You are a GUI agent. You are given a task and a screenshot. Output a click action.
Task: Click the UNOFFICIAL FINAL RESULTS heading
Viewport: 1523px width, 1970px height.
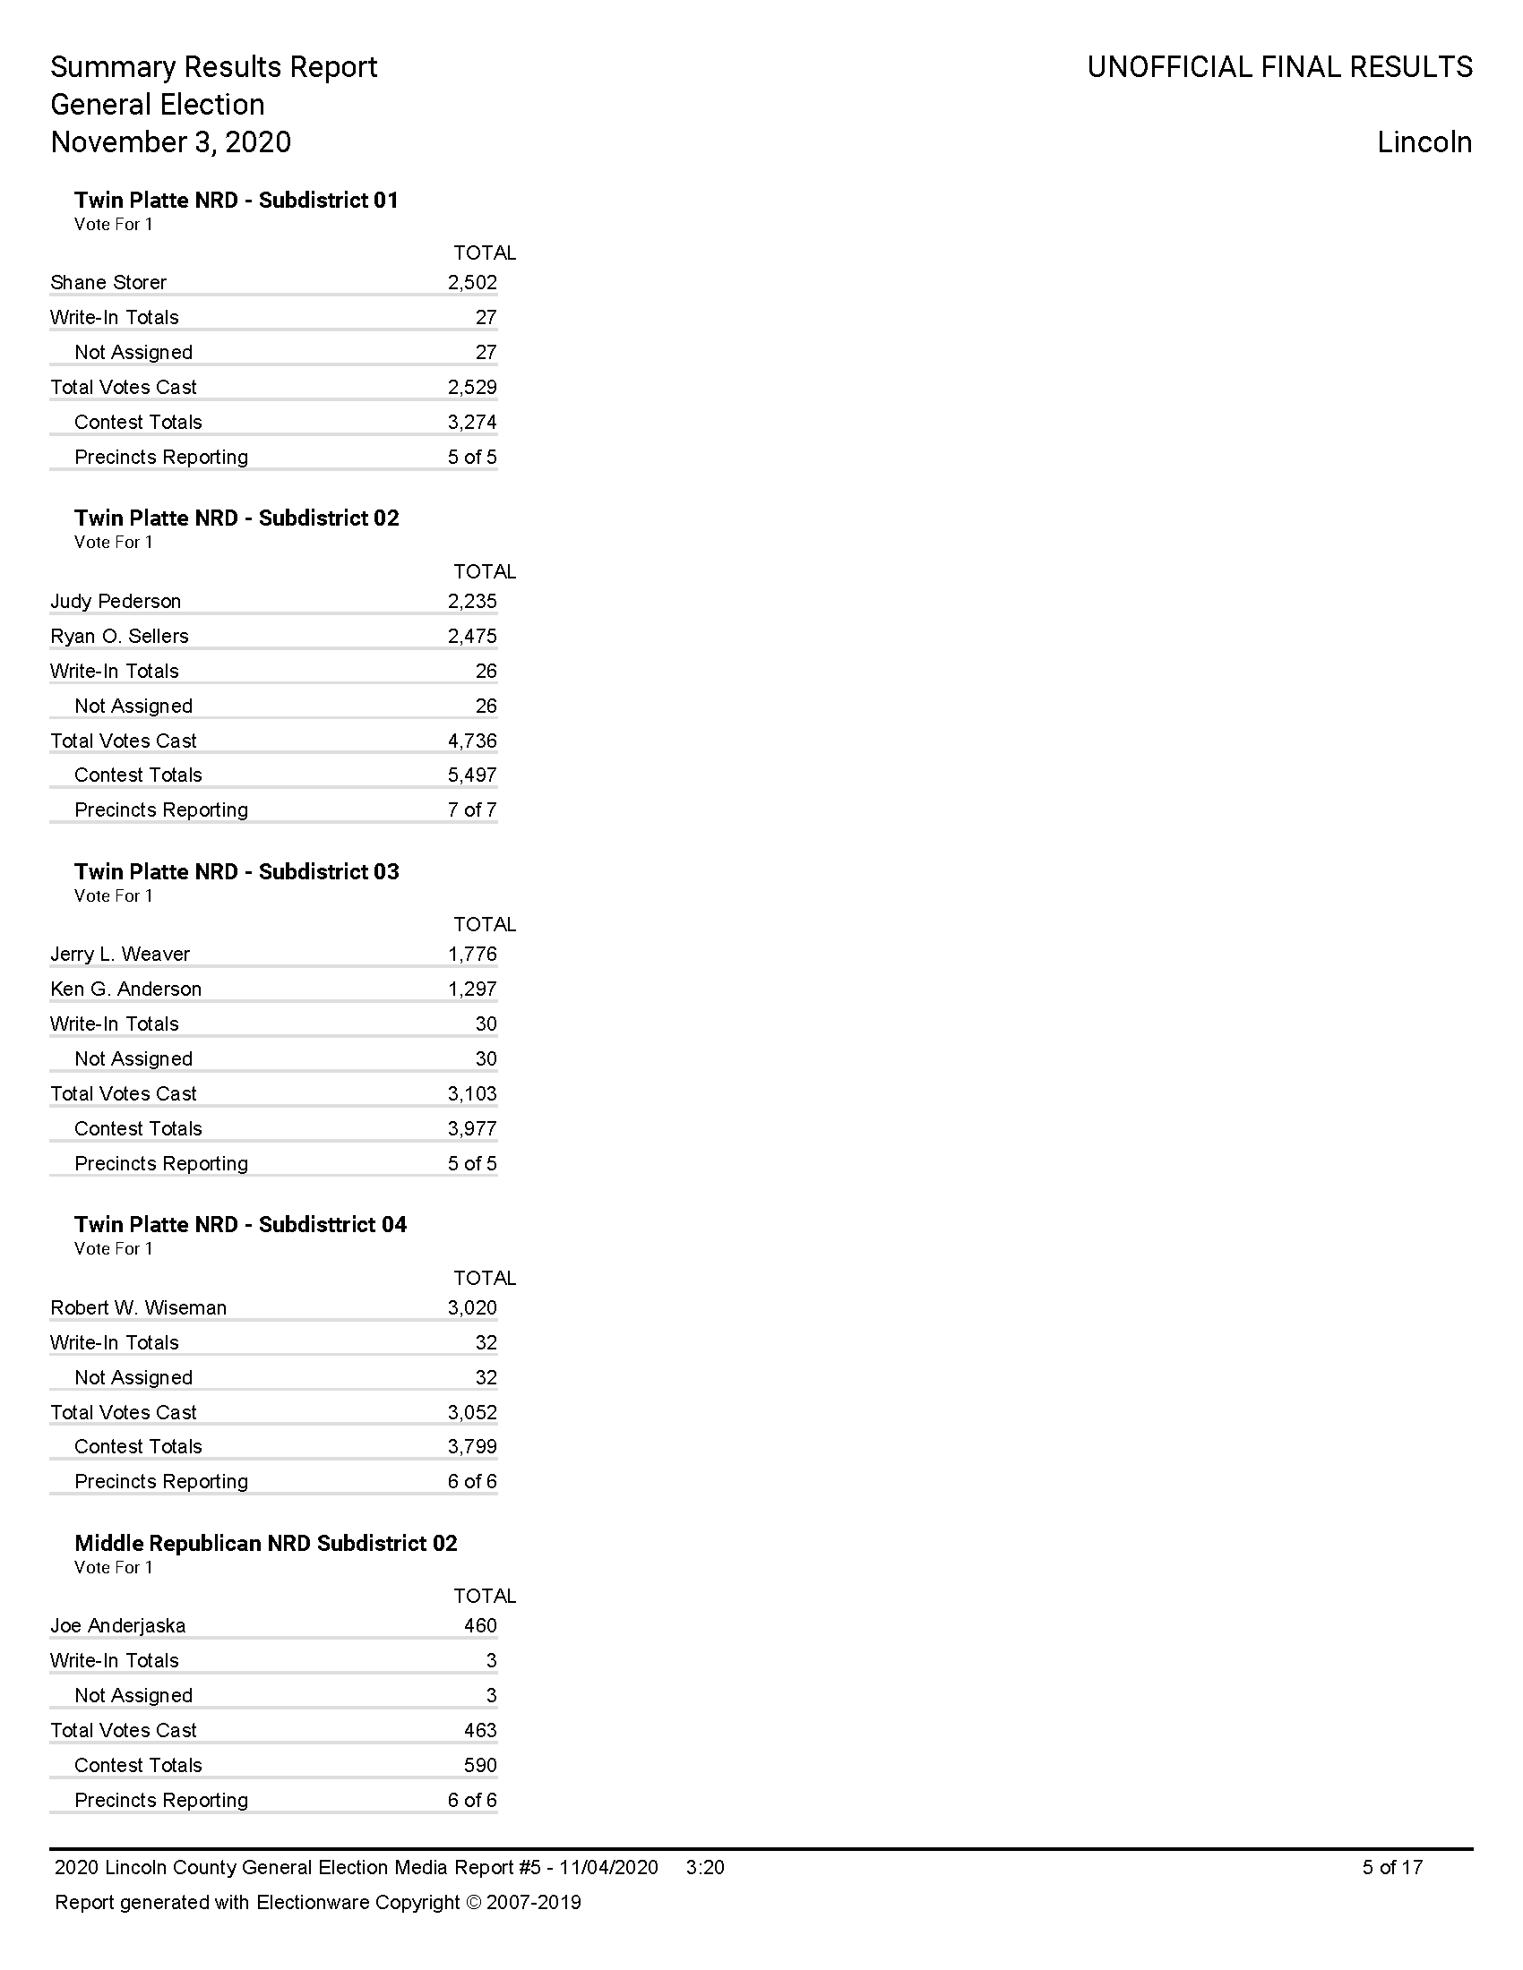coord(1279,67)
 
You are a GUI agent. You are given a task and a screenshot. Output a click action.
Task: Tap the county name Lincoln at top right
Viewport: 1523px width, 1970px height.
coord(1424,142)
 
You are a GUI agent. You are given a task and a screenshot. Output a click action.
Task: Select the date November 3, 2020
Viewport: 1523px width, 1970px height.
coord(170,142)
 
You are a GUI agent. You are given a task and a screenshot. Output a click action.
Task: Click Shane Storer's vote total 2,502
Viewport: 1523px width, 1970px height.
coord(472,282)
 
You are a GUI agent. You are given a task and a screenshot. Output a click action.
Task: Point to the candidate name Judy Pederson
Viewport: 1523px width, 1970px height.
coord(116,601)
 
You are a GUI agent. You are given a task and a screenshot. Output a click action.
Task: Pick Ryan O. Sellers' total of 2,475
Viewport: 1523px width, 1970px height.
coord(472,636)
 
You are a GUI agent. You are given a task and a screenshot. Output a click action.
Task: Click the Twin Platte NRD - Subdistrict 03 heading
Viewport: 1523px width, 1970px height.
coord(237,871)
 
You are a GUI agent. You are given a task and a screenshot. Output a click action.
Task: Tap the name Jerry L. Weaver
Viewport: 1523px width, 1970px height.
coord(120,954)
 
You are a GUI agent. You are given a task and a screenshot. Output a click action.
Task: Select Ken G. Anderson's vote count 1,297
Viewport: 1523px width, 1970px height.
coord(472,989)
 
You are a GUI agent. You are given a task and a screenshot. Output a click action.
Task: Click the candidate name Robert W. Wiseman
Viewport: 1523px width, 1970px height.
coord(138,1307)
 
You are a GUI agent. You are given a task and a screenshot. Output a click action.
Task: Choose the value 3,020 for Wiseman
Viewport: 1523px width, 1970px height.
coord(472,1307)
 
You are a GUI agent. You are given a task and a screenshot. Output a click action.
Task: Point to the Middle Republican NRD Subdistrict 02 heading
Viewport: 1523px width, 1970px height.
coord(265,1544)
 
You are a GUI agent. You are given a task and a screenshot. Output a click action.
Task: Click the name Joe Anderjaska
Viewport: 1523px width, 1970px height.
coord(118,1625)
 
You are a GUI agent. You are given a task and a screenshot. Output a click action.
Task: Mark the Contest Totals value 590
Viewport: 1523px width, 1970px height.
coord(480,1765)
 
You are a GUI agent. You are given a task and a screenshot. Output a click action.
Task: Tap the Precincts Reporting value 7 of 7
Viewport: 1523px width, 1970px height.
coord(472,810)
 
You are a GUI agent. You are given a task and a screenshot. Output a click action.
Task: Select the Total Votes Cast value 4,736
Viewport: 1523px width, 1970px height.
coord(472,741)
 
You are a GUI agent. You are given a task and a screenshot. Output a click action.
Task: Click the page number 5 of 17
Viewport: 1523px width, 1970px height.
coord(1392,1867)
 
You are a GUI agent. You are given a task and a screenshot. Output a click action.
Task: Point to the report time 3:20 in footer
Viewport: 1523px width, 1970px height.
coord(705,1867)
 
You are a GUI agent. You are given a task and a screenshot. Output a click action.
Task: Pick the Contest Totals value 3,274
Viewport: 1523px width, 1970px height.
coord(472,422)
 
